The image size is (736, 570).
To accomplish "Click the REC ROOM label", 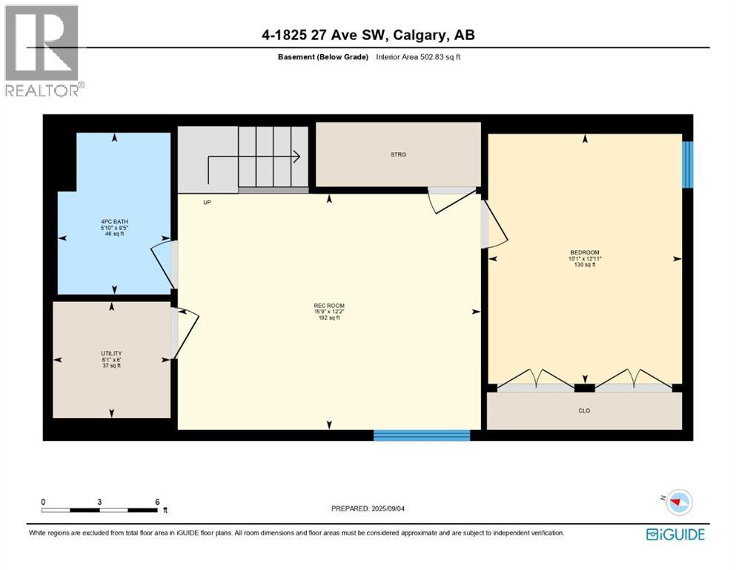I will coord(329,306).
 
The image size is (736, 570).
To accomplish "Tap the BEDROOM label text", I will coord(584,252).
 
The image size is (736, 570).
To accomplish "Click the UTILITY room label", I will coord(111,353).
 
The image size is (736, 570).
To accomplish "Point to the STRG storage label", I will coord(398,154).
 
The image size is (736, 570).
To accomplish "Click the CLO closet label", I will coord(584,410).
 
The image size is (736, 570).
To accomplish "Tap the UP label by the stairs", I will coord(207,201).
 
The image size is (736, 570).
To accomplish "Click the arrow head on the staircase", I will coord(296,156).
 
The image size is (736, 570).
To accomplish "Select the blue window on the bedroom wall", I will coord(687,164).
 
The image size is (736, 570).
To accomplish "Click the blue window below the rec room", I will coord(422,435).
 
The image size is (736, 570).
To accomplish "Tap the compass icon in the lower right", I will coord(676,502).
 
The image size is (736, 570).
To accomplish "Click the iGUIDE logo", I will coord(675,534).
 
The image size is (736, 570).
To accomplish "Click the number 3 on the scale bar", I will coord(99,501).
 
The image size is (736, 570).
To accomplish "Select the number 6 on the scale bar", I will coord(156,501).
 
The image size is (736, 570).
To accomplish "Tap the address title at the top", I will coord(368,35).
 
